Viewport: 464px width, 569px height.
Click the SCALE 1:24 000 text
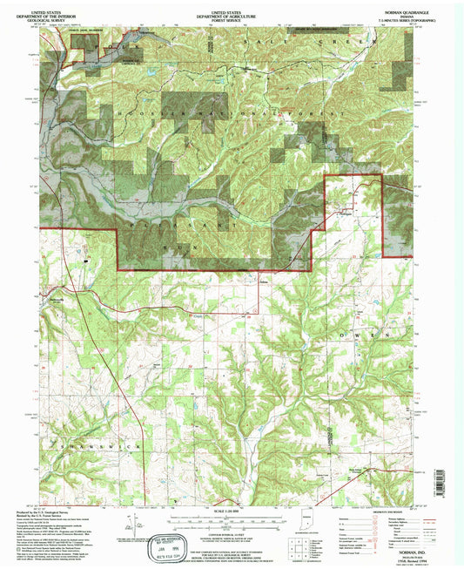coord(232,511)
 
